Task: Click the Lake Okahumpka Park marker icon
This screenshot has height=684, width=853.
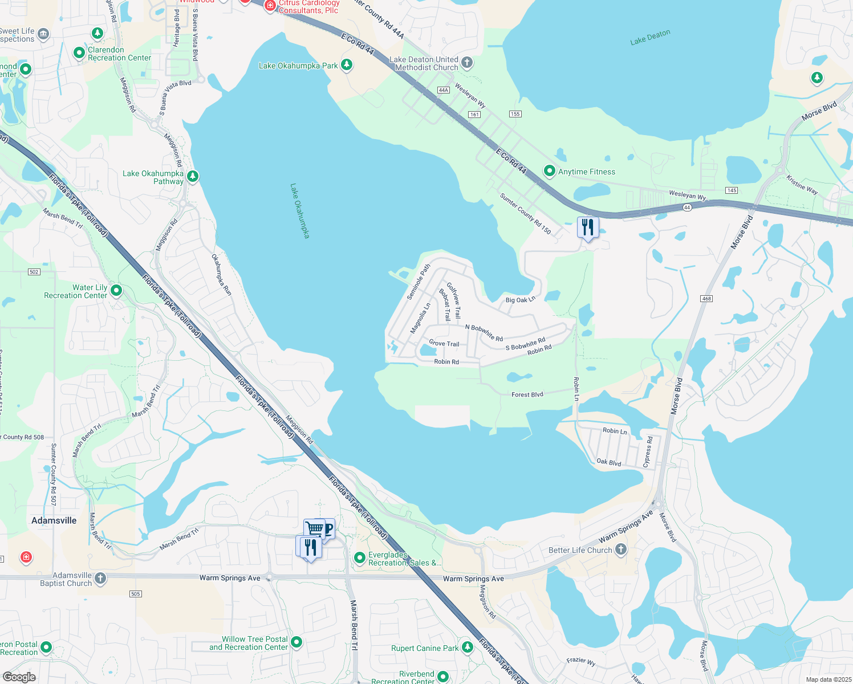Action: click(346, 64)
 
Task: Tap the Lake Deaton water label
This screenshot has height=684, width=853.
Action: click(650, 37)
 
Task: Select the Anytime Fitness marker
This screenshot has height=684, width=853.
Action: click(549, 170)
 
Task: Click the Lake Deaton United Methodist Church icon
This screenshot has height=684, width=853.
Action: click(467, 62)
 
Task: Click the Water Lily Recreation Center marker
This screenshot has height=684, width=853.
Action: click(116, 291)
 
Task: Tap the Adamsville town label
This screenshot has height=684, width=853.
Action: click(54, 520)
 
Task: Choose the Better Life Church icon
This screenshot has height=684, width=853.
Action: click(621, 549)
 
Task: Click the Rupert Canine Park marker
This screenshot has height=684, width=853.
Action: click(468, 647)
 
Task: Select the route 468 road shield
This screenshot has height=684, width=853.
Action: click(706, 299)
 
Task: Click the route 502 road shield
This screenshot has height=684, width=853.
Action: click(34, 272)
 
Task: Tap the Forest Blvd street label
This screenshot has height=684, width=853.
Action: click(527, 394)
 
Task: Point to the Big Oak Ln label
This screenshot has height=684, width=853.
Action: click(521, 299)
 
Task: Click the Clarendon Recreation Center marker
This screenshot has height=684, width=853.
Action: click(79, 53)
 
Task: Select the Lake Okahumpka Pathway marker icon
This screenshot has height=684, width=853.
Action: click(193, 176)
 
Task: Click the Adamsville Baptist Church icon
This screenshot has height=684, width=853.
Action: click(100, 579)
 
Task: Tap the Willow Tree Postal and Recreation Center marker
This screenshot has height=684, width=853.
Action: click(296, 642)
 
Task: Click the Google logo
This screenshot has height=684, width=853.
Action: click(19, 677)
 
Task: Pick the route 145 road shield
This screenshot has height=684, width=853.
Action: click(732, 190)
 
